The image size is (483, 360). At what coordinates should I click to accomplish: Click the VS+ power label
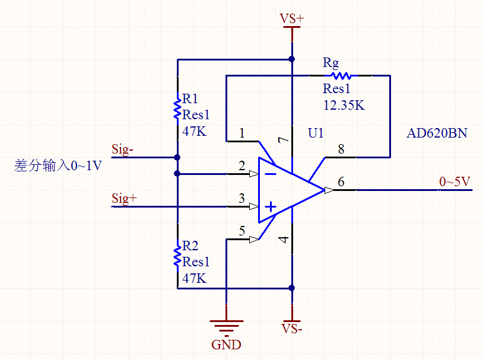[291, 19]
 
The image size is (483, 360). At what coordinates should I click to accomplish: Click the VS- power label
[291, 328]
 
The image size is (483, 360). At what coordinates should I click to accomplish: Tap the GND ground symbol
[226, 326]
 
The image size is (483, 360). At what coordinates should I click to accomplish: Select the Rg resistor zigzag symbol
[342, 76]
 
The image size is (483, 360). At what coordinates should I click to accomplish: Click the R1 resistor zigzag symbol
[177, 109]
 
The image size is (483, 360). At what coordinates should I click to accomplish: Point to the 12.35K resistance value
[344, 106]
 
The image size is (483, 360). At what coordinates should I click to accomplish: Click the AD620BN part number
[437, 133]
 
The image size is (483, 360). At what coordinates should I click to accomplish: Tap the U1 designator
[316, 133]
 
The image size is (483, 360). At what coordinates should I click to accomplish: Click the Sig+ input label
[124, 198]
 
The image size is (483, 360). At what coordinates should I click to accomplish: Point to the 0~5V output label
[455, 181]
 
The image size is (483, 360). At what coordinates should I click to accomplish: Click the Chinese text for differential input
[58, 165]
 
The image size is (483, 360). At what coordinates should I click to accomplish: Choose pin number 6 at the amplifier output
[341, 181]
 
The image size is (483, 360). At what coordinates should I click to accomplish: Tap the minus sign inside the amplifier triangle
[271, 174]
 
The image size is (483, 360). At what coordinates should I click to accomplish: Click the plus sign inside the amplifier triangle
[271, 206]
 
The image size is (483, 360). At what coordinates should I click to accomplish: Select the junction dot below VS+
[291, 59]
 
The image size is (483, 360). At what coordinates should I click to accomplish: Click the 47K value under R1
[194, 131]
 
